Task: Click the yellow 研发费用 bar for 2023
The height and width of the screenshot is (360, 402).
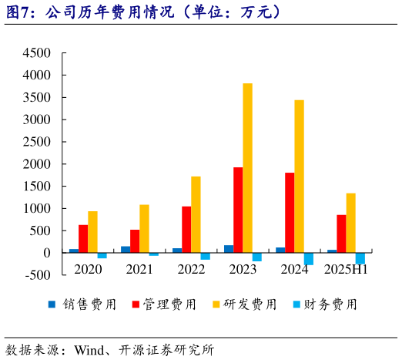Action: click(x=247, y=168)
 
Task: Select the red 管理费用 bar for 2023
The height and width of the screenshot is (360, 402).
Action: click(x=238, y=210)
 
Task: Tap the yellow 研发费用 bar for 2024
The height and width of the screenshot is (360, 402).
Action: click(x=299, y=177)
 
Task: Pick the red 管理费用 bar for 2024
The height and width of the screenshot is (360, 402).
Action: click(x=290, y=213)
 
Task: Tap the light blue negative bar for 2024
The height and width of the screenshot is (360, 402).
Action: click(x=308, y=258)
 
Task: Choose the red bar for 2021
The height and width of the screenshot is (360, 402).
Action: click(x=135, y=241)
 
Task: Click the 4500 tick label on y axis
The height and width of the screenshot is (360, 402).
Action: click(x=36, y=53)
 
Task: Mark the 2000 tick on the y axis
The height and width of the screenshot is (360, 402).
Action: click(x=36, y=164)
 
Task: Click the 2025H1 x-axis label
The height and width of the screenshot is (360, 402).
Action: click(x=346, y=269)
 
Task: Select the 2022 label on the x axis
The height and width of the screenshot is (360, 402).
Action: click(x=191, y=269)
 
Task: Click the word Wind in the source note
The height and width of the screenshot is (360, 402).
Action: click(x=88, y=349)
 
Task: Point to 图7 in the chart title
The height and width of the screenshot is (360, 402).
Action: click(x=19, y=13)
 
